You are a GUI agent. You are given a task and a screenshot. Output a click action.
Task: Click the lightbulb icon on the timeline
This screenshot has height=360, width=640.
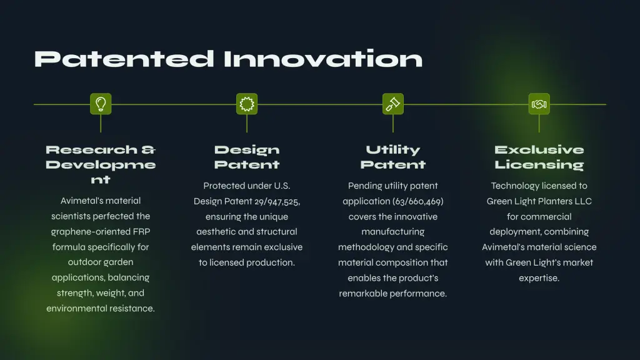coord(101,104)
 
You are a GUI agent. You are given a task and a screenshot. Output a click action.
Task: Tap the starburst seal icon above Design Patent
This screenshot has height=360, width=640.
coord(247,104)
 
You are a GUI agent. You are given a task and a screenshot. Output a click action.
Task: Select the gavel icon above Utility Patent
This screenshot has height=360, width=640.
coord(393,104)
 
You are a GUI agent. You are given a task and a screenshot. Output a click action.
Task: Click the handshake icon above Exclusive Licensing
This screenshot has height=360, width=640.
coord(539,104)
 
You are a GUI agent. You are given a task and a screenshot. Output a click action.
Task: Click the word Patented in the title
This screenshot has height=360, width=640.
coord(124,59)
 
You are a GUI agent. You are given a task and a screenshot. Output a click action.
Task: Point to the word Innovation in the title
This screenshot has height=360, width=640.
coord(323,59)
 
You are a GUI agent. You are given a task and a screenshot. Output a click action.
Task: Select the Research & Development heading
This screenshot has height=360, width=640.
coord(101,164)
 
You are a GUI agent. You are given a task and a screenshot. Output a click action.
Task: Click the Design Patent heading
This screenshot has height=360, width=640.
coord(247,157)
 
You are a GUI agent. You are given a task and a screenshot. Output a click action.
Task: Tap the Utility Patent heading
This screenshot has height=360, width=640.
coord(393,157)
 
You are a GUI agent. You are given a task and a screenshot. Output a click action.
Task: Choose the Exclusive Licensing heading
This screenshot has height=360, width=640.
coord(539,157)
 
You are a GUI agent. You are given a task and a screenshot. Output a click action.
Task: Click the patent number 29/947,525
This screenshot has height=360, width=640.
coord(277,202)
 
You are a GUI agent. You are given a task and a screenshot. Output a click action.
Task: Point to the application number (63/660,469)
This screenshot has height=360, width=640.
coord(418,202)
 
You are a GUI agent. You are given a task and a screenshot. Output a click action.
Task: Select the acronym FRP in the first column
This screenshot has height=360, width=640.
coord(142,231)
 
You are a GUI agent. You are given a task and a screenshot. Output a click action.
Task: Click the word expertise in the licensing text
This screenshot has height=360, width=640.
coord(539,278)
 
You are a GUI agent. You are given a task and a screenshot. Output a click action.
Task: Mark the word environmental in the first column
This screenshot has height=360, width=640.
coord(77,309)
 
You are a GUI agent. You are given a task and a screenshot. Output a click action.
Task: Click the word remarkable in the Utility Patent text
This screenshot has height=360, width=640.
coord(363,294)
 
